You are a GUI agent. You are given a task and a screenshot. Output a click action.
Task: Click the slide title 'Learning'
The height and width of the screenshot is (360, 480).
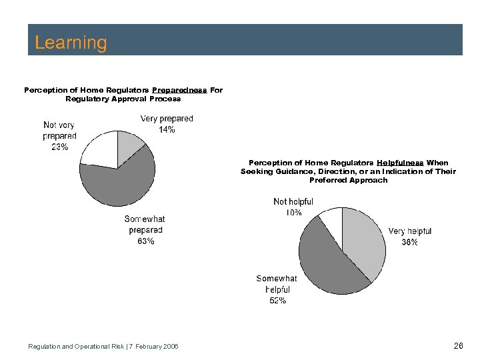(71, 43)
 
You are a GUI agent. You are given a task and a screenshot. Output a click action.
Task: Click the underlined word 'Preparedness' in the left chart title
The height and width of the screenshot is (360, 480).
(180, 89)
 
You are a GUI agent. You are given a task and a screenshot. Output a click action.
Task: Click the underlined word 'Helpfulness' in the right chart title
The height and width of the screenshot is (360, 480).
(400, 163)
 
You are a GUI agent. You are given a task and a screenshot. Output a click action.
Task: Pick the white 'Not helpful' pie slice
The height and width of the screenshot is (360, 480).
(331, 218)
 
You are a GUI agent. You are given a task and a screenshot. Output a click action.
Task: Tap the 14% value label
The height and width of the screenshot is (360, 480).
(167, 130)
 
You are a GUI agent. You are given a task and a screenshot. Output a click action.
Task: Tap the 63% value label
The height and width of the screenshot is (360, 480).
(146, 241)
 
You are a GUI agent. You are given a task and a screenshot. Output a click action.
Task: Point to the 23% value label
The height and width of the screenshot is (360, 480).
(59, 147)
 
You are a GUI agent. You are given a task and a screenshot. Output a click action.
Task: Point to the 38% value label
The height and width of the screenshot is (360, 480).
(409, 243)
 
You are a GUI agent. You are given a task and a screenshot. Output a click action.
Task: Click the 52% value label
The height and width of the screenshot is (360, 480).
(277, 301)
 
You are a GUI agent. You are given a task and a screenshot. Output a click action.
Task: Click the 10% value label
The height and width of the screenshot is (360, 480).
(293, 213)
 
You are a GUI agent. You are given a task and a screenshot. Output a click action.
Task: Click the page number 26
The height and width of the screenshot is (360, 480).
(458, 345)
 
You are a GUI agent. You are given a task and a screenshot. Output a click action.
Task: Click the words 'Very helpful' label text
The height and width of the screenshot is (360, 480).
(409, 231)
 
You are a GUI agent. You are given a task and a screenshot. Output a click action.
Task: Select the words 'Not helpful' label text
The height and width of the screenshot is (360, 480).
(293, 202)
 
